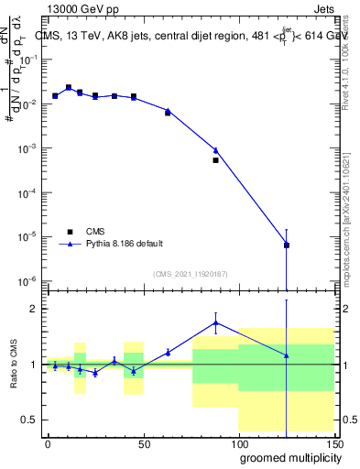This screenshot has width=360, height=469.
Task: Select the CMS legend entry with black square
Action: tap(71, 231)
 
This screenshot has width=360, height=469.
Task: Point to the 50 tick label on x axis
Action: tap(142, 442)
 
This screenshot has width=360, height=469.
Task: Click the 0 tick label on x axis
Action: tap(48, 442)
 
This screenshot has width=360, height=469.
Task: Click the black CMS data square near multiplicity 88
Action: tap(216, 160)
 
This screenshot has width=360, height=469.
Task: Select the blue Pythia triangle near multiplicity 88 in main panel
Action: tap(216, 150)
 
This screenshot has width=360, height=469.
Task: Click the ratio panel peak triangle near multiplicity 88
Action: tap(216, 322)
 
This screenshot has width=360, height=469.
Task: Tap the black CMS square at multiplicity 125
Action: tap(287, 245)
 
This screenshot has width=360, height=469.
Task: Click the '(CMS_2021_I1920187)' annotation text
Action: tap(190, 274)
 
